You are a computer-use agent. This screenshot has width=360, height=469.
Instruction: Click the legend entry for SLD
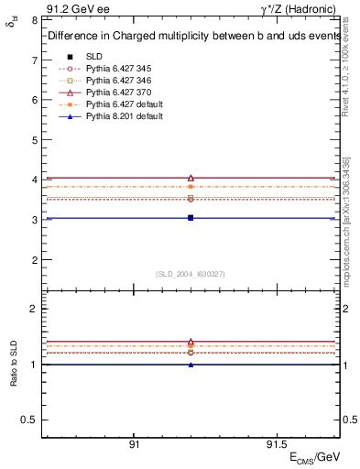[93, 56]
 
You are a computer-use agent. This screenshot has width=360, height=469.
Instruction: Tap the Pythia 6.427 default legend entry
[120, 104]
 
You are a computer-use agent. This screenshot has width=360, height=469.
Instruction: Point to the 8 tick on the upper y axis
[34, 19]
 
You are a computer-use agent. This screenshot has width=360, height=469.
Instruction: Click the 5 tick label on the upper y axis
[34, 139]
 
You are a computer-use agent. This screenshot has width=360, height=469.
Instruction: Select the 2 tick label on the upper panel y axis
[34, 259]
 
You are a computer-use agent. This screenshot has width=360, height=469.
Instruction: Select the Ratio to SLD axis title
[14, 364]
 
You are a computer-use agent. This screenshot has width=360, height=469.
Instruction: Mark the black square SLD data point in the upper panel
[191, 218]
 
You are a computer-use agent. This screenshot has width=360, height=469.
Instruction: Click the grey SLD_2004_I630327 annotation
[191, 273]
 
